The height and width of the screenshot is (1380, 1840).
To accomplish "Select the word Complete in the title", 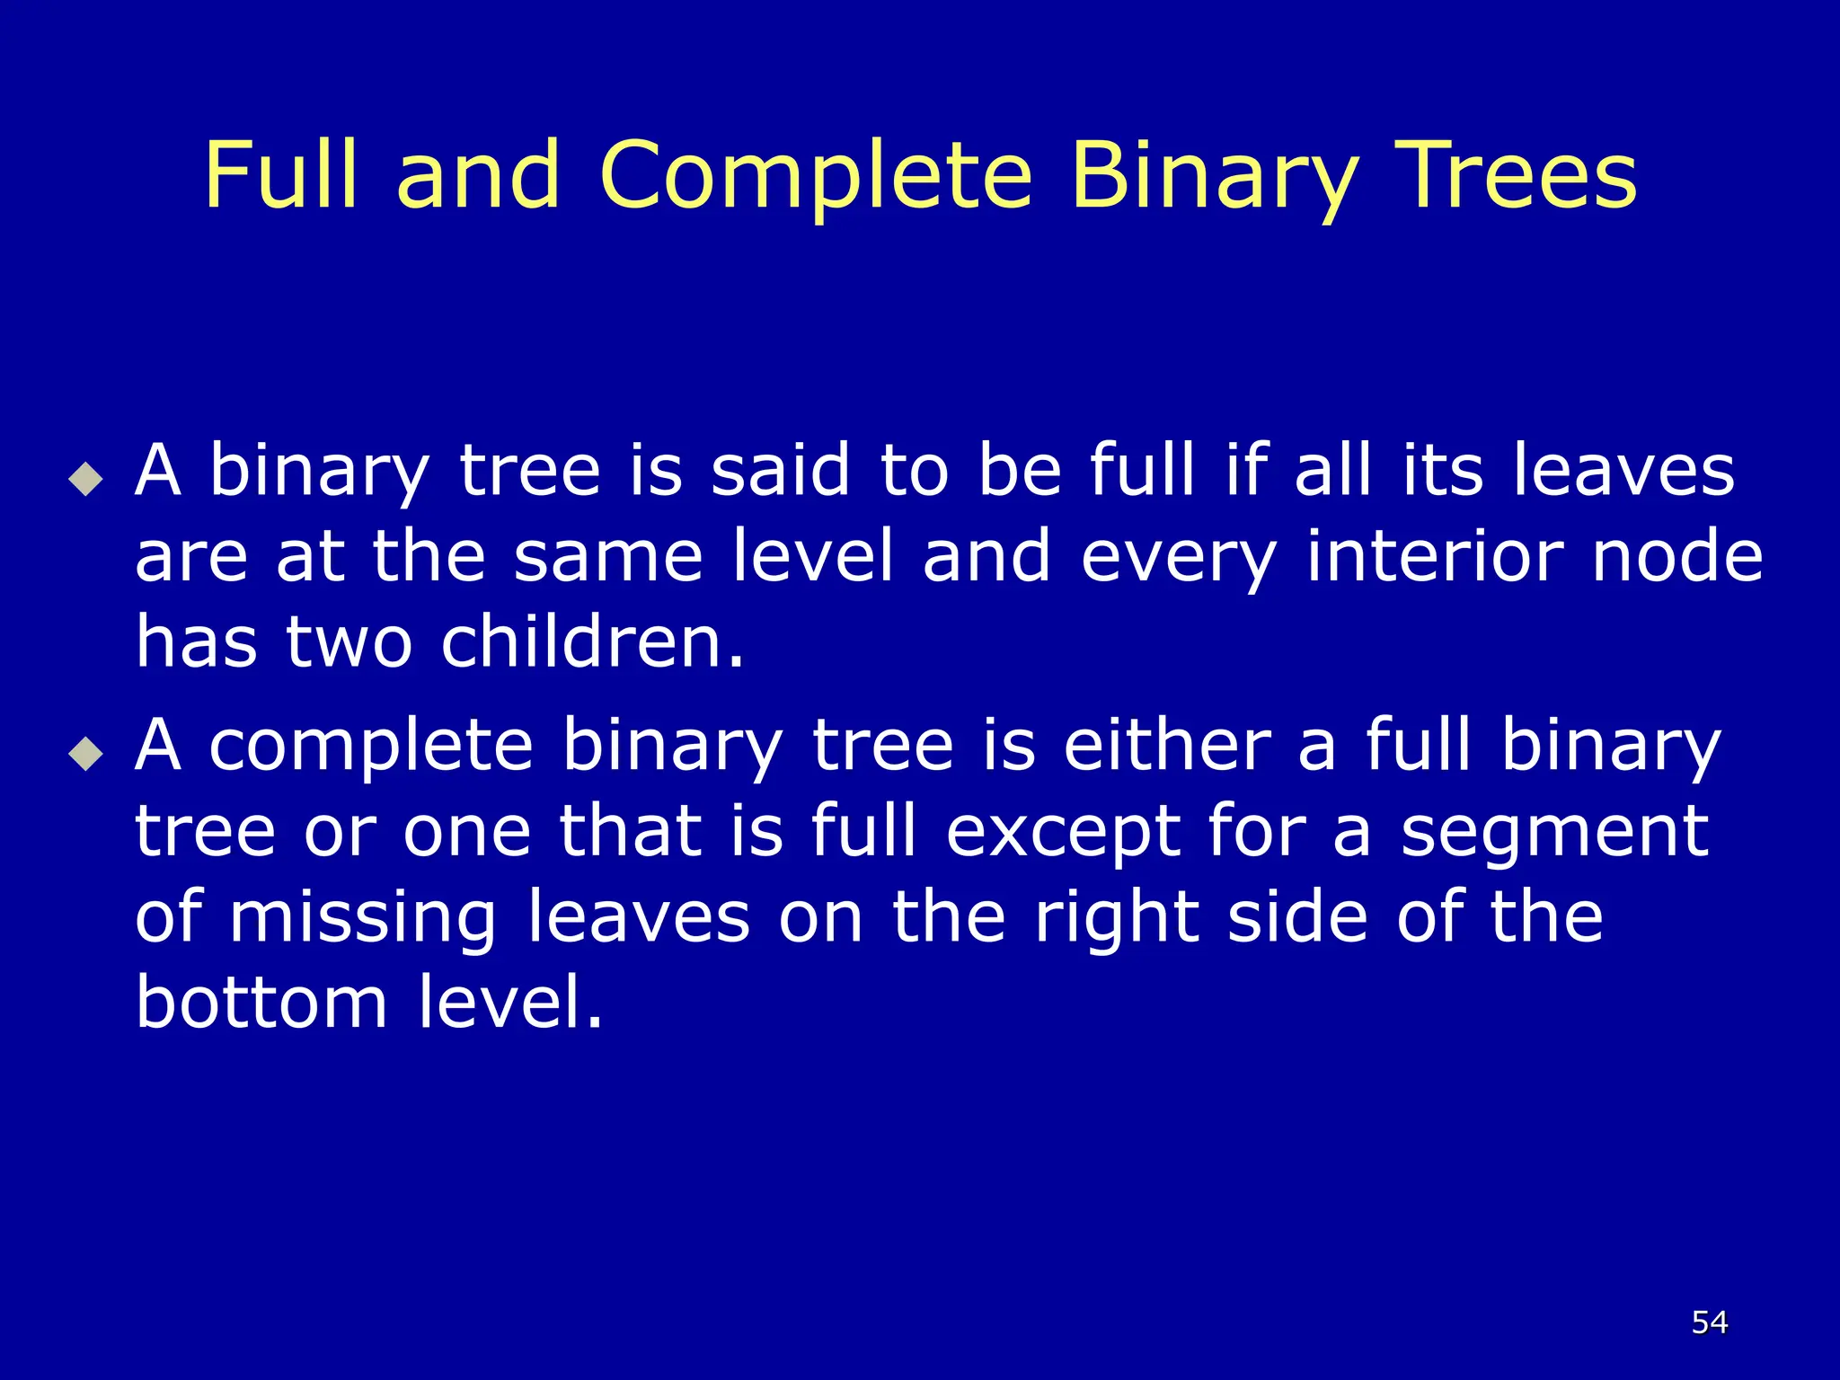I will tap(816, 176).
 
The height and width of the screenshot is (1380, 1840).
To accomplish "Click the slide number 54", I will tap(1709, 1322).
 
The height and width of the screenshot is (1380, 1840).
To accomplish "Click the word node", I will tap(1677, 556).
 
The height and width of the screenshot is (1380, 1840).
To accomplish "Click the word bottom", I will tap(261, 1002).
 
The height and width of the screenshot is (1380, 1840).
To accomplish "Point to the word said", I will tap(779, 470).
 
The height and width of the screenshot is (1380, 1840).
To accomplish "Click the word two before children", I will tap(349, 642).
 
